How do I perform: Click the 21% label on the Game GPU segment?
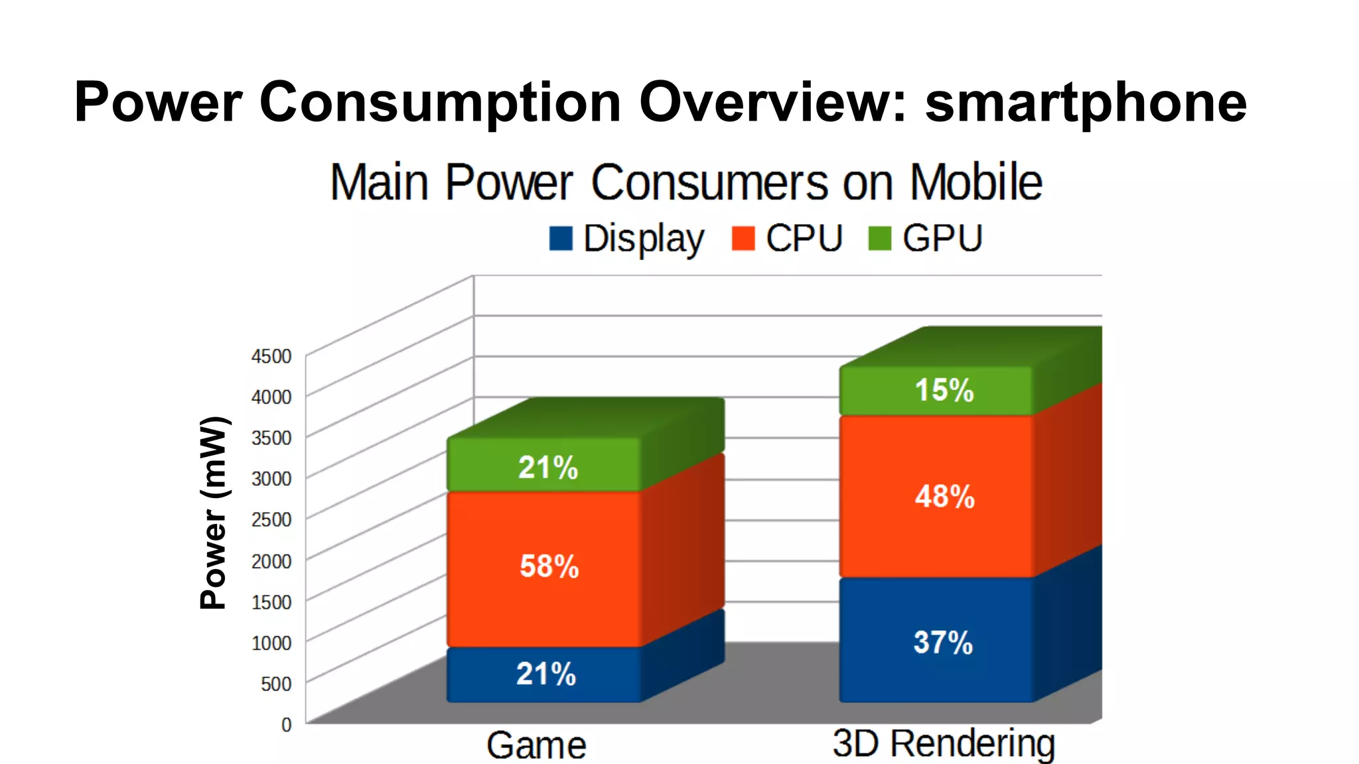click(x=547, y=468)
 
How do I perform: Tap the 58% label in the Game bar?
click(x=549, y=566)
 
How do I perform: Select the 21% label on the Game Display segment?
click(x=546, y=674)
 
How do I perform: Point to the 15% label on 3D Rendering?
click(x=944, y=390)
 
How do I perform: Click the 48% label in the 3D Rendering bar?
click(x=944, y=496)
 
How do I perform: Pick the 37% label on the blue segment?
click(x=943, y=642)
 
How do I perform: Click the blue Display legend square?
click(x=561, y=239)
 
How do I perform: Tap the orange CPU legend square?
click(x=743, y=239)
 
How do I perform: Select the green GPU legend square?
click(x=880, y=239)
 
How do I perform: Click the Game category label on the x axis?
click(x=536, y=745)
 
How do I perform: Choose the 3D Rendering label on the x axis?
click(x=944, y=743)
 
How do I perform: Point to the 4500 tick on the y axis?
click(x=271, y=356)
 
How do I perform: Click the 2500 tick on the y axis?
click(x=271, y=519)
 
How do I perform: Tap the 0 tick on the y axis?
click(x=286, y=724)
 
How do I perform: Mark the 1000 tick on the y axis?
click(x=271, y=643)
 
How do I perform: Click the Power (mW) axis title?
click(x=214, y=513)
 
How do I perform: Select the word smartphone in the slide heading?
click(x=1086, y=103)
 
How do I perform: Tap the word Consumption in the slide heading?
click(x=440, y=103)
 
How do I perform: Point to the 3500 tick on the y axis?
click(x=271, y=438)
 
